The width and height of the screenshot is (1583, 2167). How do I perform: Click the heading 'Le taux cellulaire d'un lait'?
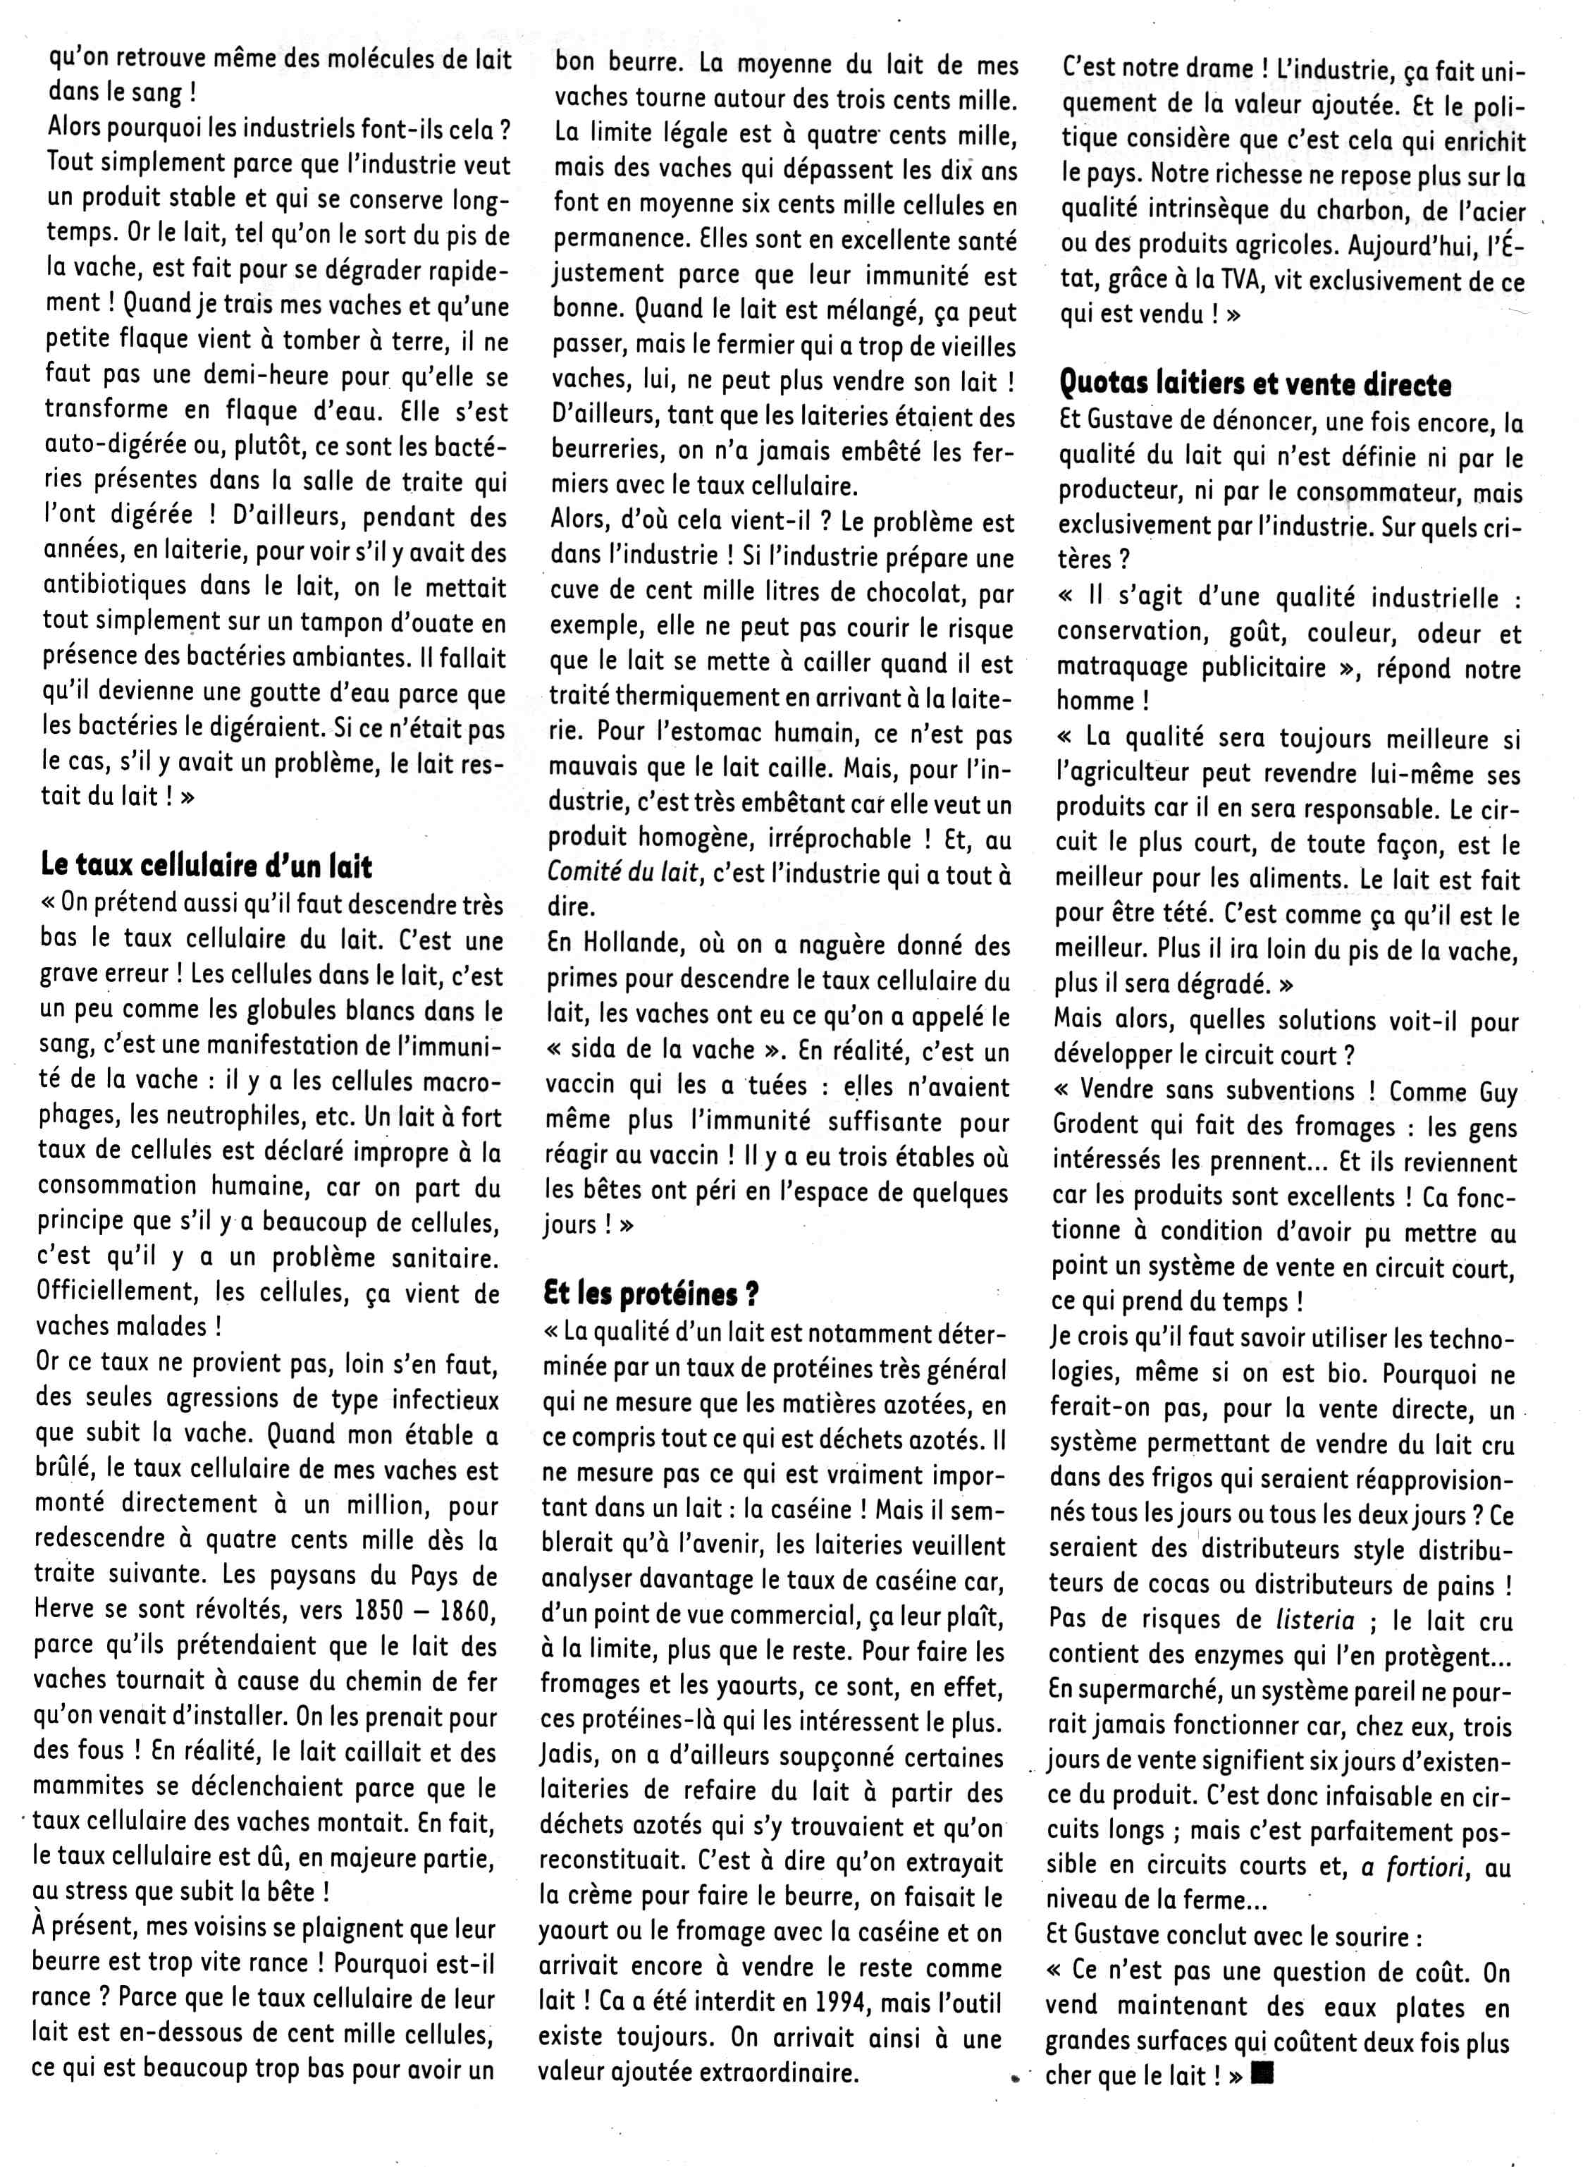pos(206,866)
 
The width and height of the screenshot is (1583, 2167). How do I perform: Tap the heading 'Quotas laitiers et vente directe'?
pos(1255,384)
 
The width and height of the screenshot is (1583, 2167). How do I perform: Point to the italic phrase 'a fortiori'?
pos(1416,1866)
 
